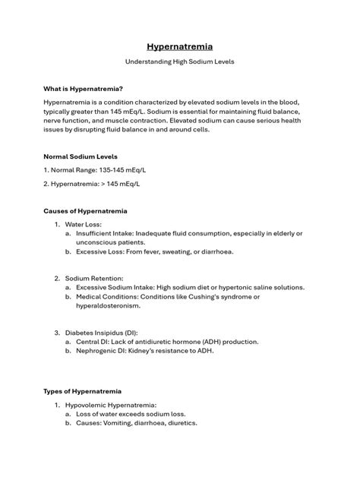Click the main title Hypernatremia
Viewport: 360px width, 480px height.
[x=180, y=46]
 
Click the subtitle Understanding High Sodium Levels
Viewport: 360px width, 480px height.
[x=180, y=62]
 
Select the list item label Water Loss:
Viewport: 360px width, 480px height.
[x=83, y=225]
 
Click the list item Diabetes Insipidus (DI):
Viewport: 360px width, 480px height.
[x=101, y=333]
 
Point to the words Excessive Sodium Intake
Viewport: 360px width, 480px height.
[x=115, y=288]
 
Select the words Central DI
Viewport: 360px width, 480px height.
[x=92, y=342]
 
